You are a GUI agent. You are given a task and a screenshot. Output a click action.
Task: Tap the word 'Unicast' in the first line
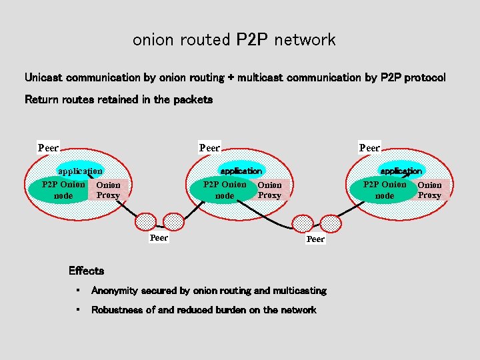coord(44,77)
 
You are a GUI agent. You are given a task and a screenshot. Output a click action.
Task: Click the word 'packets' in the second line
coord(193,99)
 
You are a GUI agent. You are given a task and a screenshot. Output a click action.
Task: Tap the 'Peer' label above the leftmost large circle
coord(49,147)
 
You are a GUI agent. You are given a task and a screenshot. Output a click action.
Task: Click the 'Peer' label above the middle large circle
coord(210,147)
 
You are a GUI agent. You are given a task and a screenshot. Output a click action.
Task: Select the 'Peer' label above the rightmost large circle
coord(369,147)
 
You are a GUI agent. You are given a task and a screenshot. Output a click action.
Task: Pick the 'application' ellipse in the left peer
coord(80,171)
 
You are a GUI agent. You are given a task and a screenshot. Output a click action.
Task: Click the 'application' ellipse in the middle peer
coord(241,171)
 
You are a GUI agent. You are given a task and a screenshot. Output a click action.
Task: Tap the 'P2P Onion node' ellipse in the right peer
coord(381,190)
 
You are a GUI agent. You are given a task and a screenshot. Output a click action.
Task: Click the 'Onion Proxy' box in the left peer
coord(108,190)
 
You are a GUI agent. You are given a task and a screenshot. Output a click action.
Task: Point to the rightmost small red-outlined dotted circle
coord(331,223)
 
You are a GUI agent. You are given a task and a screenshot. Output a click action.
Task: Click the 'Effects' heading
coord(86,271)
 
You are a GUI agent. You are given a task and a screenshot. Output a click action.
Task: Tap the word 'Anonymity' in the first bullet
coord(114,291)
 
